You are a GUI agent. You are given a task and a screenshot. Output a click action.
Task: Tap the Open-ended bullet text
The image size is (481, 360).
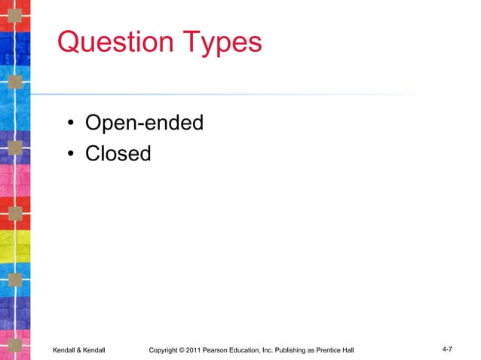tap(144, 122)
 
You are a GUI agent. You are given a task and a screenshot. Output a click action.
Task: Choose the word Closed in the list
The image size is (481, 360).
tap(118, 154)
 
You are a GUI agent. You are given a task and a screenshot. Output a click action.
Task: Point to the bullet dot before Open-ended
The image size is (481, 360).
tap(69, 124)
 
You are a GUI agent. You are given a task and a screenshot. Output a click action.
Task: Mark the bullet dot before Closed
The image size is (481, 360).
tap(69, 155)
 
